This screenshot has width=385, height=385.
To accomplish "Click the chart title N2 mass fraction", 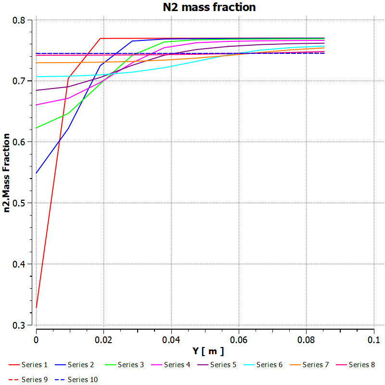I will pyautogui.click(x=209, y=7).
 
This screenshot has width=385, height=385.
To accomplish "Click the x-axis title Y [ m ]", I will pyautogui.click(x=205, y=351).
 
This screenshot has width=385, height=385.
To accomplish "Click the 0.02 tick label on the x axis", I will pyautogui.click(x=103, y=339).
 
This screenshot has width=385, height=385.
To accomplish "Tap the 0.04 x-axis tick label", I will pyautogui.click(x=171, y=339).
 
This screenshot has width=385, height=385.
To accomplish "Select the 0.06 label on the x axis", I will pyautogui.click(x=239, y=339).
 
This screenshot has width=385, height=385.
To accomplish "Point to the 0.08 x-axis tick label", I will pyautogui.click(x=307, y=339).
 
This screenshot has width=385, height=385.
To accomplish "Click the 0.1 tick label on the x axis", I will pyautogui.click(x=374, y=339).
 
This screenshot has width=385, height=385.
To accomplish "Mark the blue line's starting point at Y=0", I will pyautogui.click(x=36, y=173).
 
